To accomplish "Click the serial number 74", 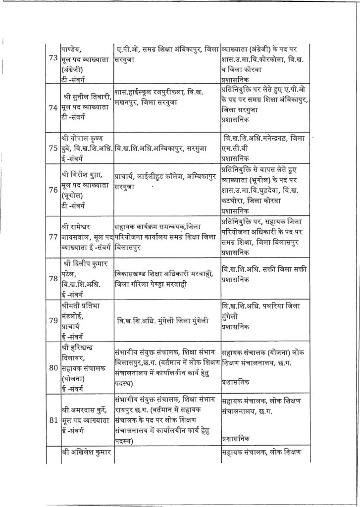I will [x=51, y=107].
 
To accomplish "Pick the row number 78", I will [x=51, y=278].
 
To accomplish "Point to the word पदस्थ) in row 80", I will [x=127, y=383].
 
